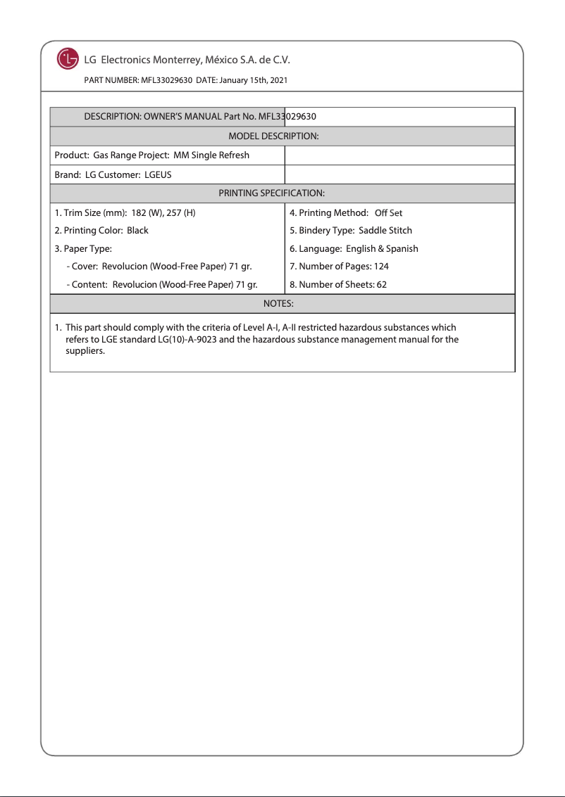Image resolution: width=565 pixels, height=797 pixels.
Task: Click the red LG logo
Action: (68, 59)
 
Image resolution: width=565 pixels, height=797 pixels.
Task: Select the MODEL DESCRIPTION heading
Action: (273, 136)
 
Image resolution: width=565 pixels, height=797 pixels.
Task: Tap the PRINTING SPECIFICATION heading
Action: (271, 193)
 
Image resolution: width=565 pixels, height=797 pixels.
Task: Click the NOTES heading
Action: (278, 303)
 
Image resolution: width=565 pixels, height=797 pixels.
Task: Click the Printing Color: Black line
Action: (101, 231)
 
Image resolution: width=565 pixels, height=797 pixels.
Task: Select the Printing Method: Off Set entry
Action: (346, 212)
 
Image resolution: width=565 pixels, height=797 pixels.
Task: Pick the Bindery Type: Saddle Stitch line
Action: (351, 231)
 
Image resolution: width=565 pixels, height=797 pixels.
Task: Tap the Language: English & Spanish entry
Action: (354, 249)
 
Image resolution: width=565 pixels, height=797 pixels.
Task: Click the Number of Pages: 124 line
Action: (339, 267)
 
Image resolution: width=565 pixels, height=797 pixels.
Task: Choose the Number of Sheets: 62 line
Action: (338, 285)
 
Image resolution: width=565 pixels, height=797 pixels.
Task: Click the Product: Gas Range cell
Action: (151, 155)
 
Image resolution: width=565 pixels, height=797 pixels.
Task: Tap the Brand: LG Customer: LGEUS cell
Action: (113, 174)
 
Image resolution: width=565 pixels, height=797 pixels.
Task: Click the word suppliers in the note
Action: (85, 351)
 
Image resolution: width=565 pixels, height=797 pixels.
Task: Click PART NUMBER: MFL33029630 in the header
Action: (138, 81)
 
